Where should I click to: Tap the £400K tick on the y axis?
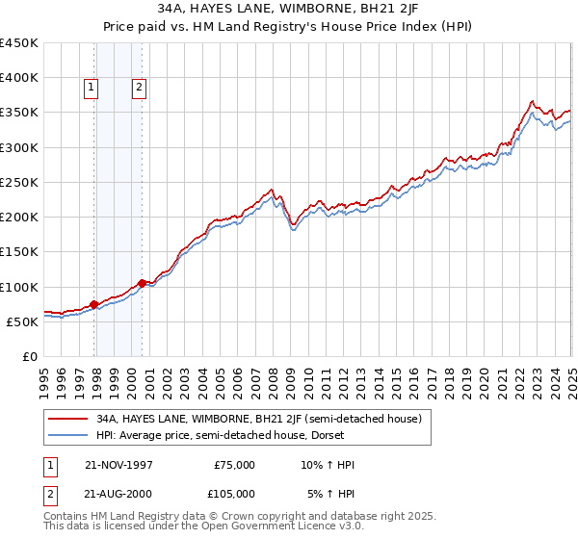tap(19, 78)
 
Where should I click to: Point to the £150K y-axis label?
tap(19, 251)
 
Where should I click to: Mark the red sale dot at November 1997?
tap(94, 304)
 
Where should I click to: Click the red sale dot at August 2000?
tap(143, 283)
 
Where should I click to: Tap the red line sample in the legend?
tap(68, 419)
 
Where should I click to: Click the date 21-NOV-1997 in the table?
tap(118, 465)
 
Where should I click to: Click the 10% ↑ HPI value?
tap(328, 465)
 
